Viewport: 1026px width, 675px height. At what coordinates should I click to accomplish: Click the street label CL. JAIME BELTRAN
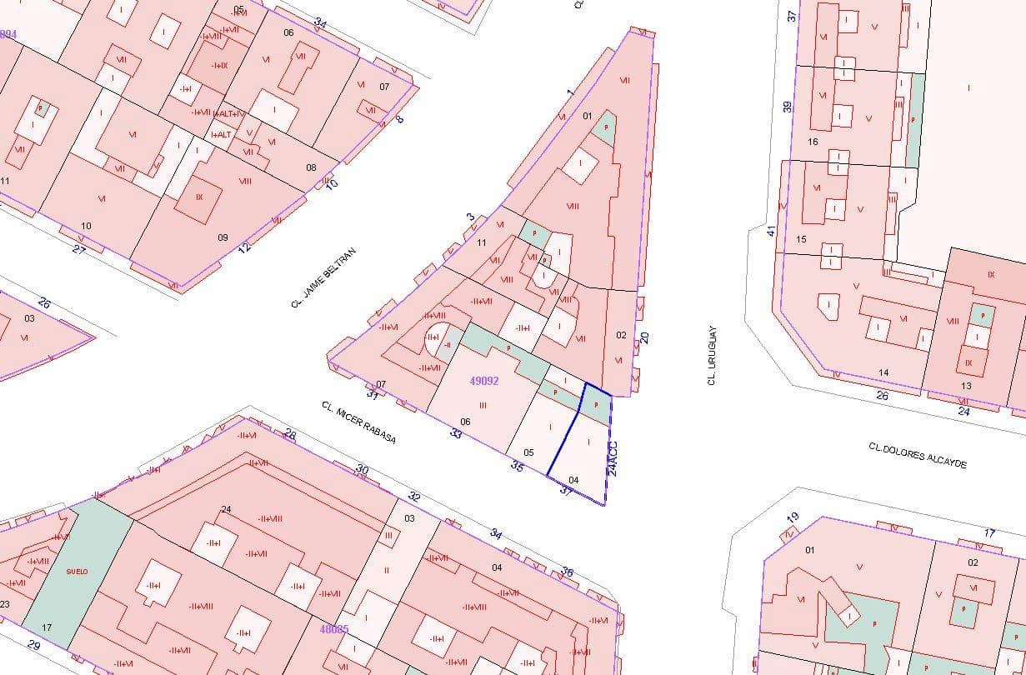point(323,277)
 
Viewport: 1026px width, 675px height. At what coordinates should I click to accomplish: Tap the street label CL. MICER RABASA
point(358,422)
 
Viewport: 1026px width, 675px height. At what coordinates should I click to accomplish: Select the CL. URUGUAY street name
point(712,355)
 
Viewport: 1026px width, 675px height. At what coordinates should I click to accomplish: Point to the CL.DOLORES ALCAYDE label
point(917,455)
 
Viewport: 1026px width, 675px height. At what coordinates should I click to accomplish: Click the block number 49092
point(483,381)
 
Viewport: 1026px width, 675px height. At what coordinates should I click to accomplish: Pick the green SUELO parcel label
point(77,571)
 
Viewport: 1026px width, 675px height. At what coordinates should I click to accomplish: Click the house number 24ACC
point(613,457)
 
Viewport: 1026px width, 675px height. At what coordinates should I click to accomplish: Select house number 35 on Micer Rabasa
point(517,467)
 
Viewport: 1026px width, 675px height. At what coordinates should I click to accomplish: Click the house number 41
point(772,230)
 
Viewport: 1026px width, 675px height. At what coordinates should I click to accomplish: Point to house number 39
point(787,107)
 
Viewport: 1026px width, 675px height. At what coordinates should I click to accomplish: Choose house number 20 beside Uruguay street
point(643,337)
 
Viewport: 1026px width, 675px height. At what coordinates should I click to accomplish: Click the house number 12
point(244,247)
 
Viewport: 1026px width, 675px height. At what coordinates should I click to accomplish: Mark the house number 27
point(78,248)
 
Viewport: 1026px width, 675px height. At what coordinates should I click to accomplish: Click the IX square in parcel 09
point(199,197)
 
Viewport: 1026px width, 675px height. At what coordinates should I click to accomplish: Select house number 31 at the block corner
point(373,393)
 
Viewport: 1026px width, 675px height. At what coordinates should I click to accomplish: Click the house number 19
point(793,517)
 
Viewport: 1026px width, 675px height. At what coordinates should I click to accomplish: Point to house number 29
point(33,645)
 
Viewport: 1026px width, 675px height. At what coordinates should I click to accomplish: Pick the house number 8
point(399,118)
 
